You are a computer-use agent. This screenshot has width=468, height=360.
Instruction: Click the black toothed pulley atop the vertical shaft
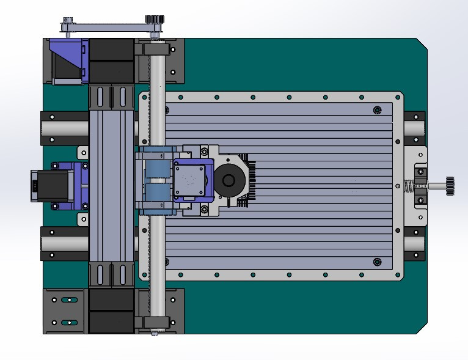pos(153,22)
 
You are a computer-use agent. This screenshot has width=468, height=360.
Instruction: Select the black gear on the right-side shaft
pos(450,186)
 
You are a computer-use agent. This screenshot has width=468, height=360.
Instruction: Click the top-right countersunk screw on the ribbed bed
pos(376,110)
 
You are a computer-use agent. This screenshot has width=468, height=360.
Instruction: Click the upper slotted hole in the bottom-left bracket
pos(69,300)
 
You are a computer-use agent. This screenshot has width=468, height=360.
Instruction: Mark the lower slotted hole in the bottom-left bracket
pos(69,322)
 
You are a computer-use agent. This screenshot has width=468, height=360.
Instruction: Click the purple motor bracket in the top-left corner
pos(68,61)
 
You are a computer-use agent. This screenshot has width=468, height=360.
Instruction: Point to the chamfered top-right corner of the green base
pos(422,43)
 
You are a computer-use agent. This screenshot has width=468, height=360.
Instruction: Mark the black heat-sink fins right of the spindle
pos(249,181)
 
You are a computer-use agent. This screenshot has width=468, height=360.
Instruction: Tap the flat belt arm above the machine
pos(110,26)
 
